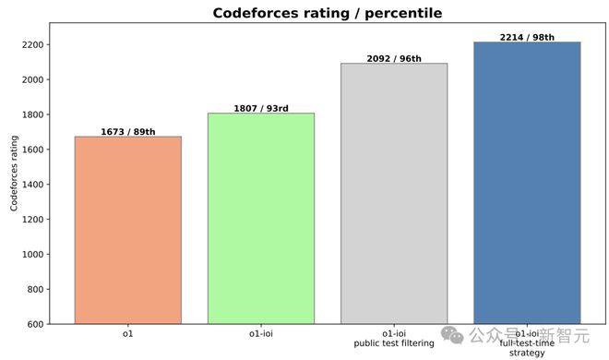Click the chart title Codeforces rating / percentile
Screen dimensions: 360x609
327,13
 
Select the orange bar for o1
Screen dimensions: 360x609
127,231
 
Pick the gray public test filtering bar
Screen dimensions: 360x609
394,194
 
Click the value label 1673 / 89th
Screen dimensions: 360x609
127,132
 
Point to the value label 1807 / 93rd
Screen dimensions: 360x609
260,108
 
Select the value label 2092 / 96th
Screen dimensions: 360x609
394,59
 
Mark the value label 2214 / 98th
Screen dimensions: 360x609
527,38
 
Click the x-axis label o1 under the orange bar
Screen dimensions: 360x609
127,334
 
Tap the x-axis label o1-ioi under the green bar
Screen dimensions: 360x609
260,334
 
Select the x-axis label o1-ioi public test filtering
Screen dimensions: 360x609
394,339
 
